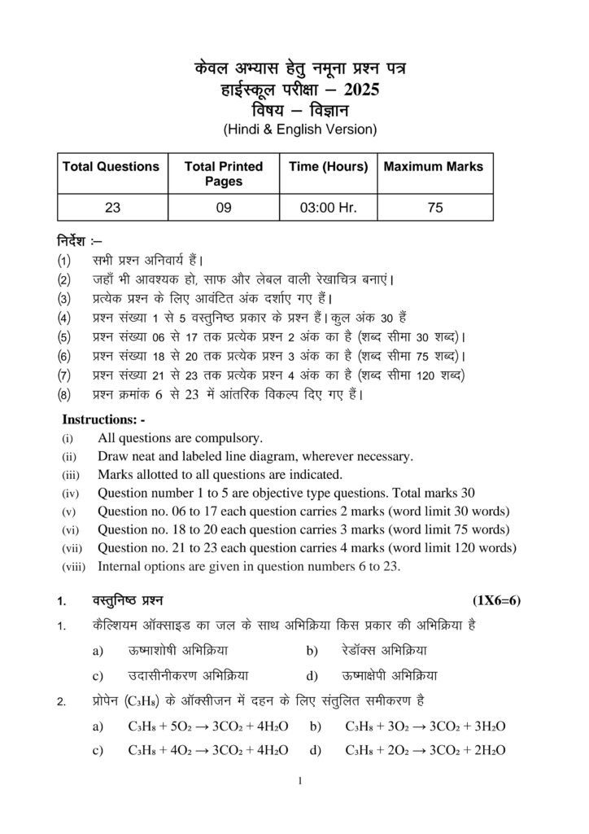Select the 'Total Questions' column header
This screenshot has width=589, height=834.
(111, 167)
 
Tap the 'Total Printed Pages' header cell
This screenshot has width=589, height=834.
(224, 173)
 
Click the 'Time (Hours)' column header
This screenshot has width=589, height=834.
(329, 167)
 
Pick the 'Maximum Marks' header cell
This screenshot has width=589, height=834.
(433, 167)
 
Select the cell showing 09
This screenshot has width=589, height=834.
(224, 208)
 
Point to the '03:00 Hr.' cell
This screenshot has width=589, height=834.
(329, 208)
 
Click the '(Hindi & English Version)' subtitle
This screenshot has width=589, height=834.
(300, 129)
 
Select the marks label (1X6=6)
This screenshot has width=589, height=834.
(496, 602)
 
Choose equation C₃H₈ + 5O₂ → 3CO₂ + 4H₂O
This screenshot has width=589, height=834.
(207, 726)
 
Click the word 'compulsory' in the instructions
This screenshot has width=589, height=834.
(232, 438)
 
